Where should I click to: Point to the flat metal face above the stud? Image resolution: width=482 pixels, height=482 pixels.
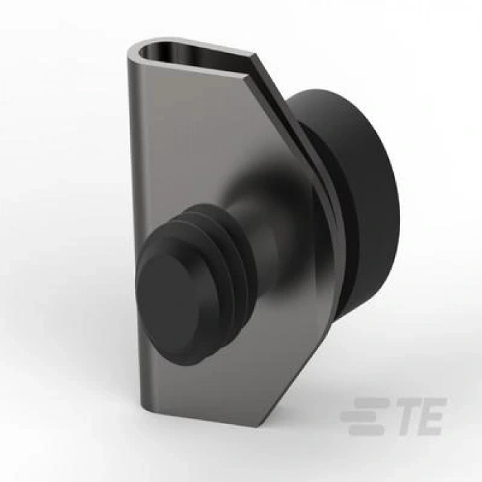pyautogui.click(x=186, y=131)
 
